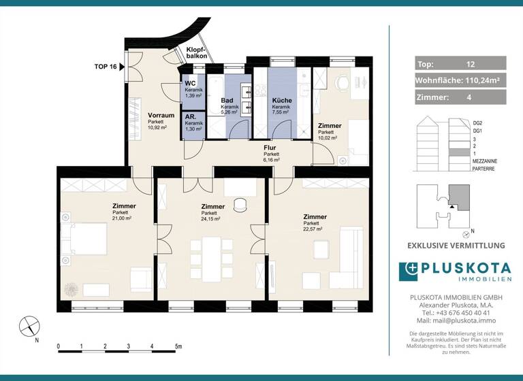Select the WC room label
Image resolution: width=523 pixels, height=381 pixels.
coord(191,84)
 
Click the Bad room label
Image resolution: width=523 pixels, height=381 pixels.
coord(228,101)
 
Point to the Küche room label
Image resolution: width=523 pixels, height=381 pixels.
coord(282,100)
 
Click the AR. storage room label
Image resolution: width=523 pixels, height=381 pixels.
coord(191,117)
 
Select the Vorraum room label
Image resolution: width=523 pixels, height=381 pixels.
coord(161,116)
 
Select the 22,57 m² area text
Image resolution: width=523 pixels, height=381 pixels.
coord(314,230)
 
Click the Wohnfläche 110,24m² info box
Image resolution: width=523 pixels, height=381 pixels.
coord(460,80)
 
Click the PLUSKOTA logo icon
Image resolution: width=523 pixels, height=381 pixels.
coord(411,270)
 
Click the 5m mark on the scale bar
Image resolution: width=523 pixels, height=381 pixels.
coord(178,347)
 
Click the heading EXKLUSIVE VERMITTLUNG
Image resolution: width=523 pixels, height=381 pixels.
coord(456,246)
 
